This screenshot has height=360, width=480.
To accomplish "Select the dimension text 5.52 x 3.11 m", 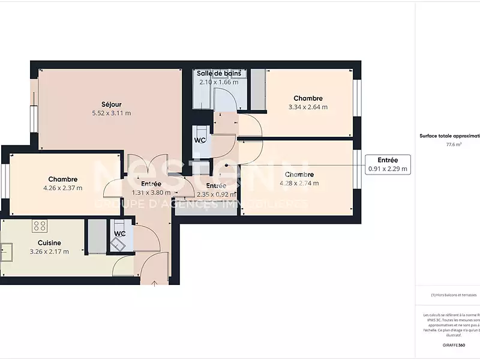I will pos(112,113).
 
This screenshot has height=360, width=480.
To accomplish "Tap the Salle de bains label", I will pos(219,73).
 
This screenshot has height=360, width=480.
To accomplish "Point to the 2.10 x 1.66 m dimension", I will pos(219,82).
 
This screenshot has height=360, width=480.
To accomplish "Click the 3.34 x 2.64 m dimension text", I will pos(308,107).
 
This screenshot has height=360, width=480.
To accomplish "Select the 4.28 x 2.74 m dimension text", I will pos(298,184).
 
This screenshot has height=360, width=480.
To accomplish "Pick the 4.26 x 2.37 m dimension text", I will pos(62,188).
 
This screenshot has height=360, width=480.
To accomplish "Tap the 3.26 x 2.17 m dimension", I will pos(49,251).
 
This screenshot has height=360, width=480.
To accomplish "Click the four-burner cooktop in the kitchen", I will pos(40,226).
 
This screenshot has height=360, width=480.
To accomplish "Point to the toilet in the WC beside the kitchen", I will pos(117,244).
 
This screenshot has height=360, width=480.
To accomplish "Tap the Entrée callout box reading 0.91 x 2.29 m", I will pos(388,164).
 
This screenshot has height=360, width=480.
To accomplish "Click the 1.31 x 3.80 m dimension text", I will pos(151,193).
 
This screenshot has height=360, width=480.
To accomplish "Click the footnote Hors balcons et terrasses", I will pos(453,295).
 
